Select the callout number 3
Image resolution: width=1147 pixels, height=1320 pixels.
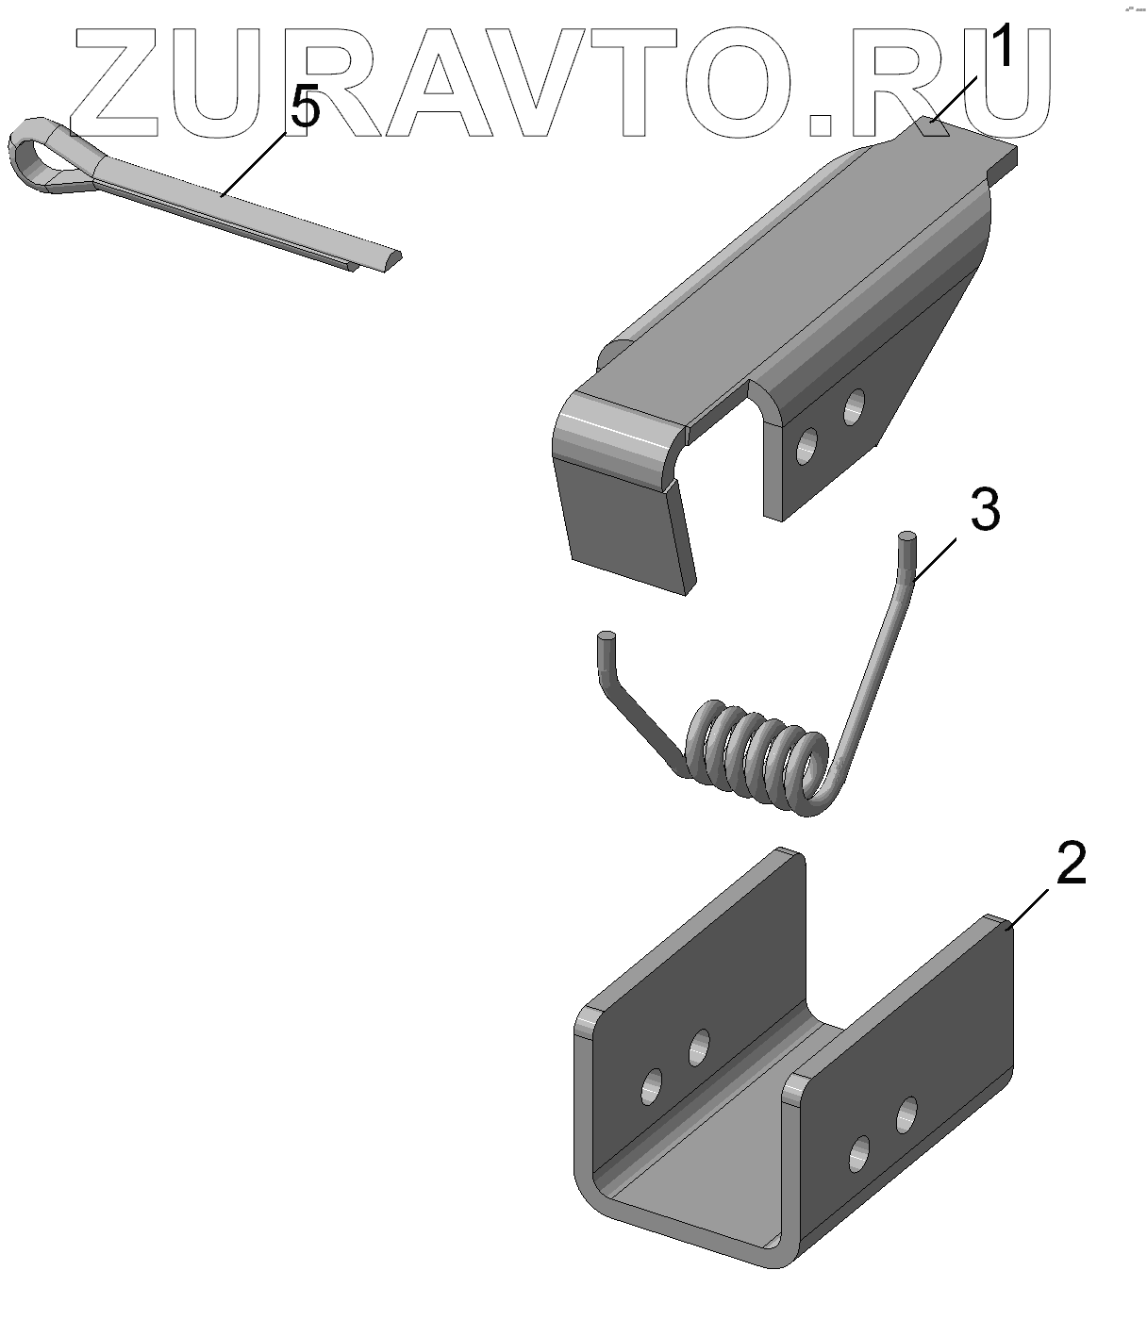tap(986, 510)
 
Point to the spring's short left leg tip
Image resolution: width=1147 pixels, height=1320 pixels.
tap(607, 637)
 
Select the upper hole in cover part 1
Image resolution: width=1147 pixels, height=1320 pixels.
tap(854, 407)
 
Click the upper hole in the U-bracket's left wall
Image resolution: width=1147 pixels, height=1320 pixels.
tap(699, 1048)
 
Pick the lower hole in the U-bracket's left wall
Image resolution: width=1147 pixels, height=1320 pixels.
tap(652, 1086)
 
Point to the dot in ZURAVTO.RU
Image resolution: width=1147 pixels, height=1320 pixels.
tap(821, 124)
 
